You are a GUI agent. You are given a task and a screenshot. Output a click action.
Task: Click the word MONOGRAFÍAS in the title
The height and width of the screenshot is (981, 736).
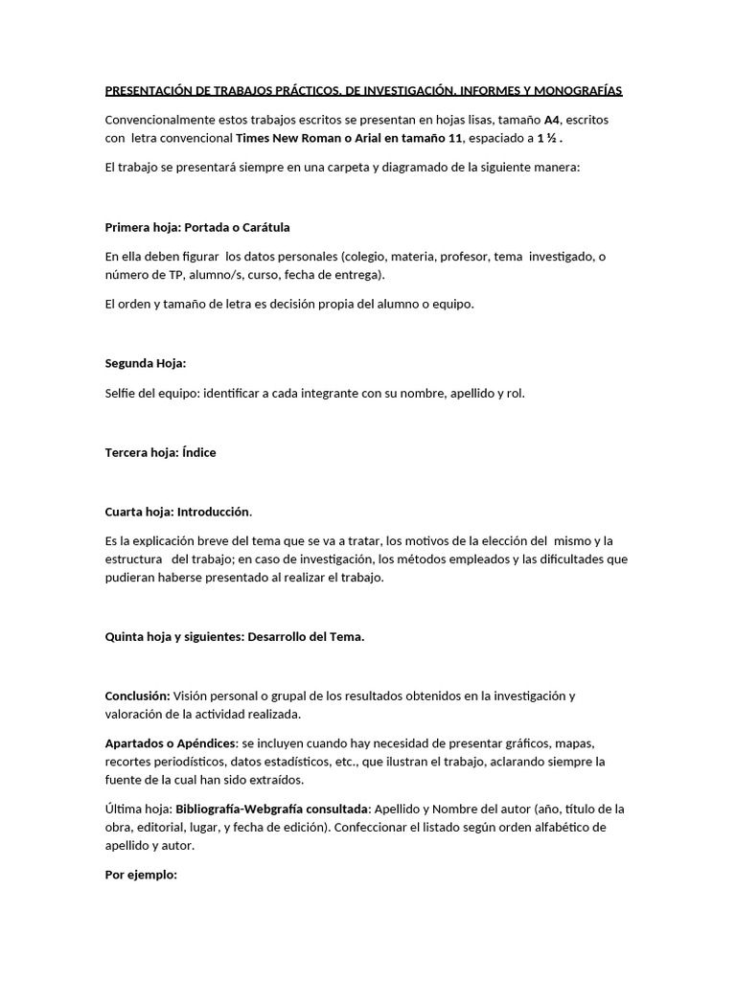point(577,91)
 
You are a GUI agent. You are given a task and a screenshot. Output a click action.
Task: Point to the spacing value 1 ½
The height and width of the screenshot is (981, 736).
point(548,138)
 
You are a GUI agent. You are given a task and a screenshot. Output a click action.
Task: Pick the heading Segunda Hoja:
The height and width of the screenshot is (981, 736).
point(146,363)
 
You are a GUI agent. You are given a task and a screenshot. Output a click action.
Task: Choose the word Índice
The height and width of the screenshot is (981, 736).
point(198,453)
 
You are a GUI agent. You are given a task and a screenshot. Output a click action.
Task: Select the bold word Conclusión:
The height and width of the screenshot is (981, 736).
point(138,696)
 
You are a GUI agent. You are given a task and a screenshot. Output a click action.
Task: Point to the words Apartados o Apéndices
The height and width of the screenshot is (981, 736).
point(170,743)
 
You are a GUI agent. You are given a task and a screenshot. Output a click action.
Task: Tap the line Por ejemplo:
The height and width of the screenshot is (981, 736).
point(141,875)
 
